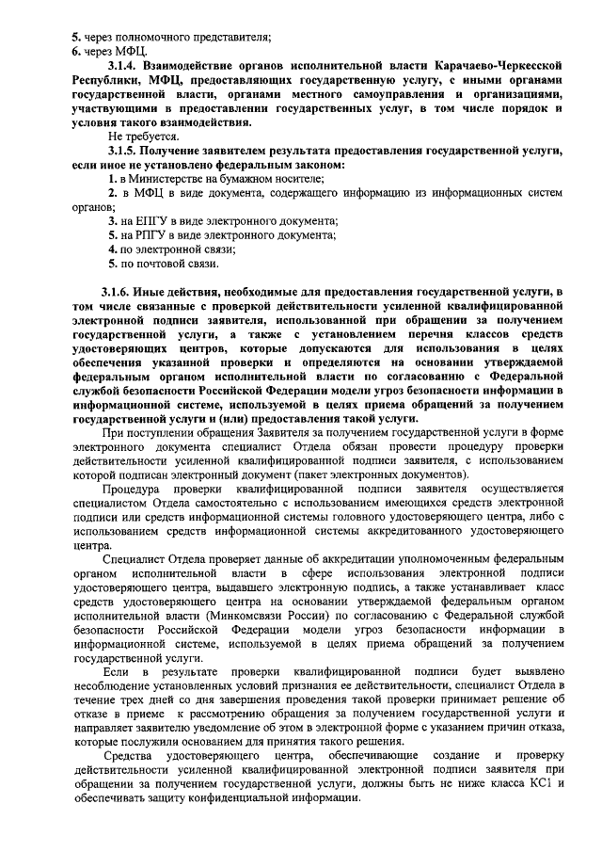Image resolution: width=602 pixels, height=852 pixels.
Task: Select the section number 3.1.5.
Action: [123, 151]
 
